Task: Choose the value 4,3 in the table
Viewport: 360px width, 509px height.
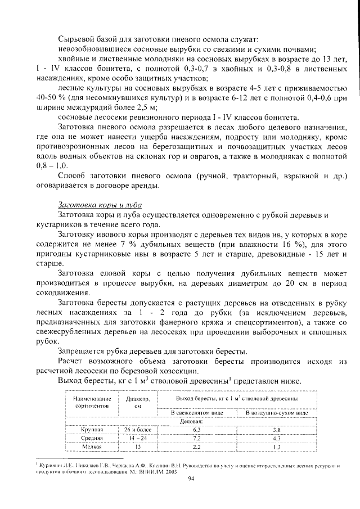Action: (x=277, y=437)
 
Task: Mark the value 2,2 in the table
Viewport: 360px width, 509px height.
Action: (x=197, y=446)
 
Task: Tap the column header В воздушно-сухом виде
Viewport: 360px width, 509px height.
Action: (x=277, y=412)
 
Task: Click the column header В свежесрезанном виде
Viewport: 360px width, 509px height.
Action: (x=197, y=412)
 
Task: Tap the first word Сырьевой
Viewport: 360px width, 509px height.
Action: (x=76, y=39)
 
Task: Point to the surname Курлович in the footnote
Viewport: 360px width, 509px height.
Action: (x=51, y=465)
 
